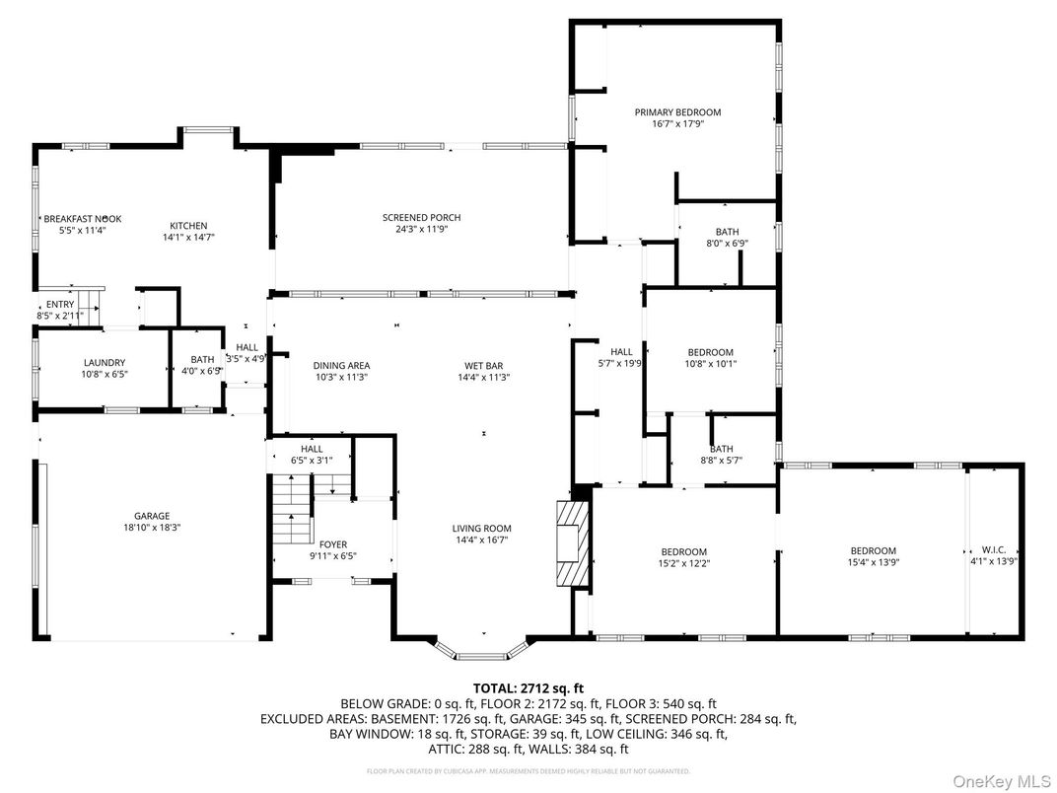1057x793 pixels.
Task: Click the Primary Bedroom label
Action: [x=677, y=112]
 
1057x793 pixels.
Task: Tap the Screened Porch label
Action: [x=421, y=218]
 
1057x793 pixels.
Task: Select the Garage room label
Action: [x=152, y=516]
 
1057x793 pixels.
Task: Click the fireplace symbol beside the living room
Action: [x=571, y=544]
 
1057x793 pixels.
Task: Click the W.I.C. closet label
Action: [x=993, y=551]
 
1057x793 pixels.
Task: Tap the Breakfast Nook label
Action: [x=81, y=219]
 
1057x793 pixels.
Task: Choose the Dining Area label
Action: [x=342, y=365]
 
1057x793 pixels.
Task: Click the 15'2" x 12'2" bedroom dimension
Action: [x=683, y=563]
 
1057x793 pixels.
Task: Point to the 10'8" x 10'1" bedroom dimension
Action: [x=710, y=364]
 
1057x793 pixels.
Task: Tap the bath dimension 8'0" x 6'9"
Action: [x=727, y=244]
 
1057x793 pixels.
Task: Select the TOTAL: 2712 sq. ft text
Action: [x=528, y=687]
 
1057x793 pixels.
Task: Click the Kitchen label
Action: [x=188, y=226]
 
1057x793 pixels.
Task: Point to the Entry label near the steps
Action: [x=60, y=304]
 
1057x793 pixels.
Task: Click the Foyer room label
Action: [x=333, y=544]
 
